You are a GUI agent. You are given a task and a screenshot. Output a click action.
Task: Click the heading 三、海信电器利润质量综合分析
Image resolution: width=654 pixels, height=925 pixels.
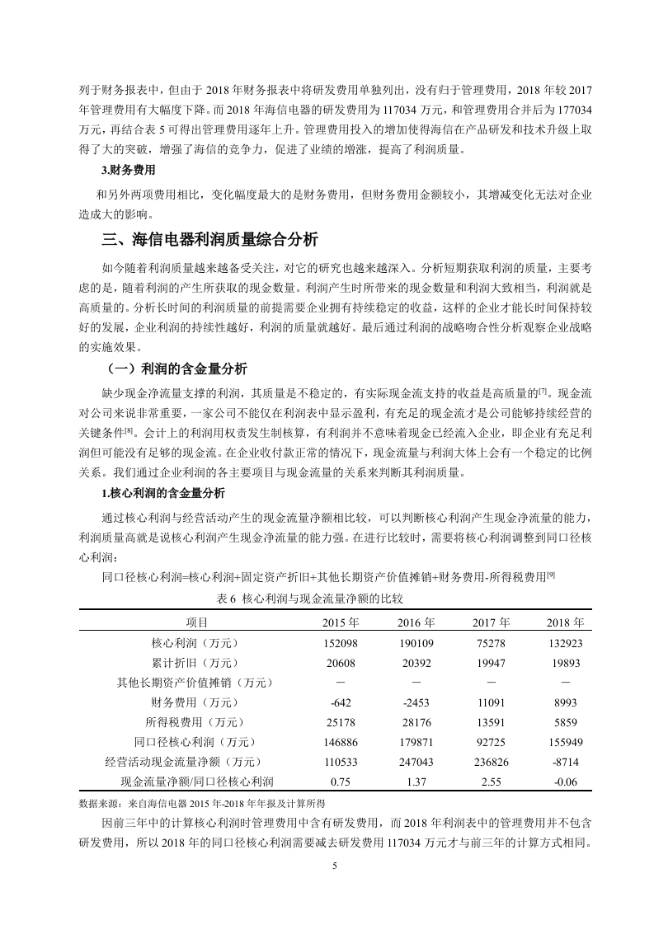(209, 240)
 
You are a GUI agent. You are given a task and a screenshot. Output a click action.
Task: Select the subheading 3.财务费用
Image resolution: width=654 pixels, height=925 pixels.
(127, 171)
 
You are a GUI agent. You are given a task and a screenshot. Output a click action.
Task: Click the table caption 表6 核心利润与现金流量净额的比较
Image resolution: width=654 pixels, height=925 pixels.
(309, 597)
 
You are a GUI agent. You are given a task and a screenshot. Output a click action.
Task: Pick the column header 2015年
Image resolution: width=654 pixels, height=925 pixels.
(341, 622)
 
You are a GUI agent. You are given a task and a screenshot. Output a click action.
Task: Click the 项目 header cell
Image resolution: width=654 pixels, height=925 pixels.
(195, 622)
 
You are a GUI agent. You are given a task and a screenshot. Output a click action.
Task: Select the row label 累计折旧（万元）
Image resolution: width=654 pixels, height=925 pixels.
(195, 662)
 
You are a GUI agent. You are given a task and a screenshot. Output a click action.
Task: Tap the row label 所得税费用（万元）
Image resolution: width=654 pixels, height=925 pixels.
(195, 721)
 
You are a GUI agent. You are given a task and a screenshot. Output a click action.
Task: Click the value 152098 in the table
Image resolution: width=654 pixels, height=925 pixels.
(341, 642)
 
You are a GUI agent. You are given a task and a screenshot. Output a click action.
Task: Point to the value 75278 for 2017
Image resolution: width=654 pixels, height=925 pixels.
(491, 642)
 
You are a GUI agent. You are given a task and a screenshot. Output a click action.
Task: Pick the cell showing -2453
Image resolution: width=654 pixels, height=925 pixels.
(416, 702)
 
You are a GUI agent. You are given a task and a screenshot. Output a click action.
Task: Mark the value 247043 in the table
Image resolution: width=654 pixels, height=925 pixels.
(416, 761)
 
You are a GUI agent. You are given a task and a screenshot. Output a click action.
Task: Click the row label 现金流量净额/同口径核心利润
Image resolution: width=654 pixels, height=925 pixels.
(197, 781)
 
